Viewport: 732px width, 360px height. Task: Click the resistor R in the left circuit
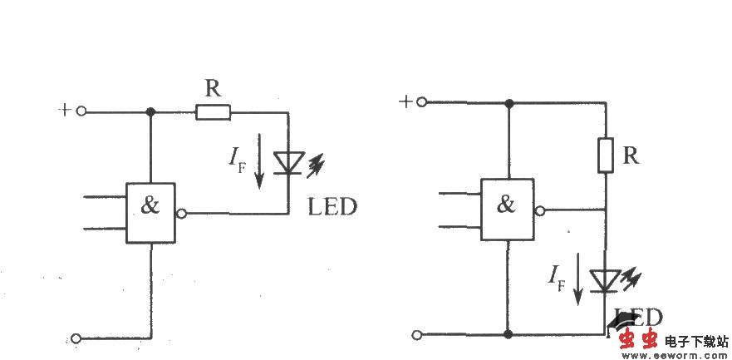214,112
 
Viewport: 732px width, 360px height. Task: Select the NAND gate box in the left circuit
151,213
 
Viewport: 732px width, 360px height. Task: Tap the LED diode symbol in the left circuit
288,163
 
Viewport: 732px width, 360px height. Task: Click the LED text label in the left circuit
332,207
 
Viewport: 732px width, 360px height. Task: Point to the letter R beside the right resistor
631,155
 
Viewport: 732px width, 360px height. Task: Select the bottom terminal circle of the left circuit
76,338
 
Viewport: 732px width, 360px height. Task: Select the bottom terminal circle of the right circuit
419,334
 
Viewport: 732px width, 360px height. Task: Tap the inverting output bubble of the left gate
181,214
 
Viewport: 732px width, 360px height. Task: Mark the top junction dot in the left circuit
150,112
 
